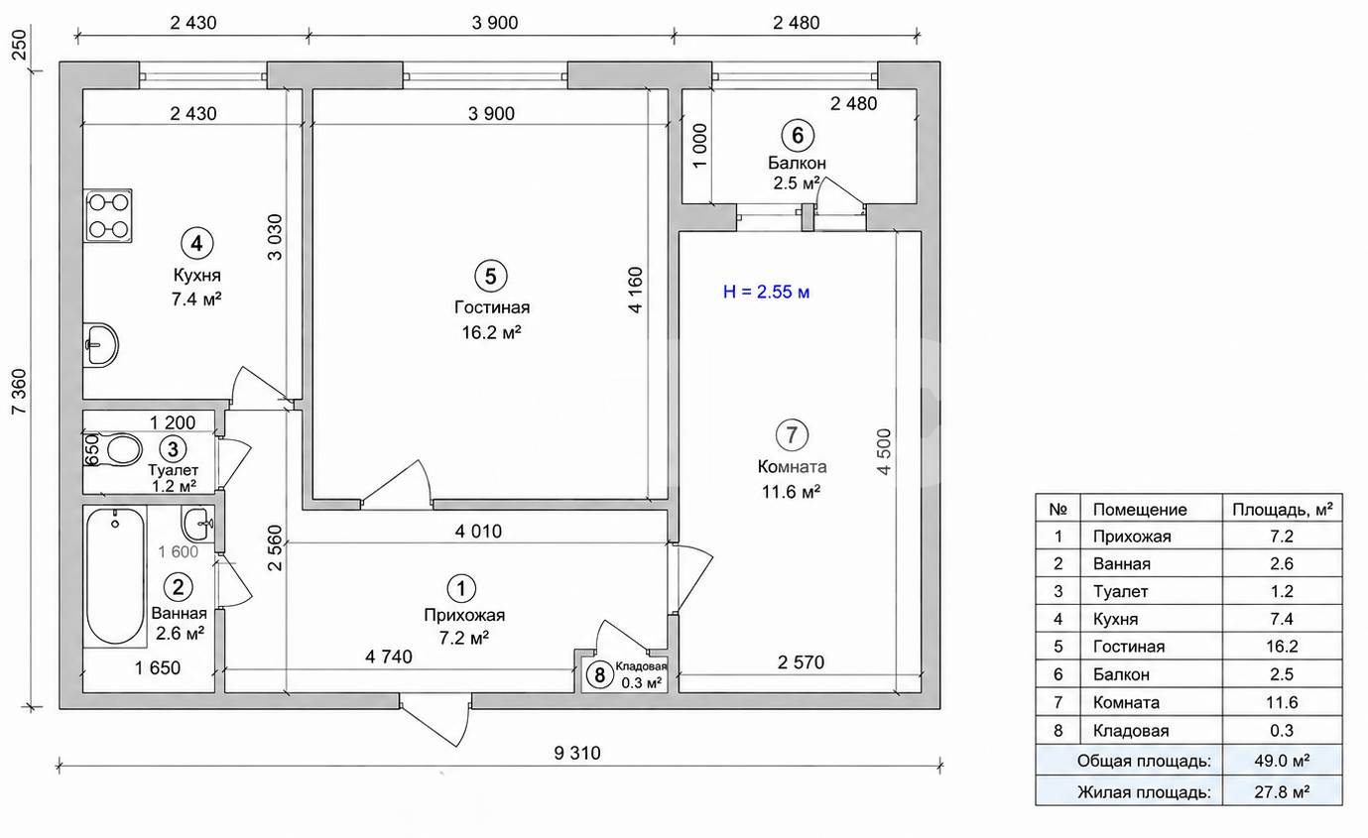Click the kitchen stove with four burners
[108, 216]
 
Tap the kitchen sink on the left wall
[101, 345]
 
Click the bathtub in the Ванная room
[115, 576]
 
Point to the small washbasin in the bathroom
[197, 524]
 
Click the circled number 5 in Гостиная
[491, 277]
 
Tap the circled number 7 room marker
[792, 435]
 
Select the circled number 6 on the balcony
[798, 136]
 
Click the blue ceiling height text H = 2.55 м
[767, 292]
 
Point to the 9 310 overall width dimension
[577, 753]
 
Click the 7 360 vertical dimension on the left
[20, 391]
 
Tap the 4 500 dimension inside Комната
[884, 451]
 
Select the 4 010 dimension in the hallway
[478, 531]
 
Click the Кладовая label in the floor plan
[641, 666]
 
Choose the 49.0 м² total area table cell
[1282, 761]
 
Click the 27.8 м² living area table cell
[1282, 791]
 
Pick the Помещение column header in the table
[1140, 510]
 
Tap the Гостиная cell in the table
[1129, 647]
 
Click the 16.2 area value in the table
[1282, 647]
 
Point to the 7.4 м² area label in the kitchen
[196, 299]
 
